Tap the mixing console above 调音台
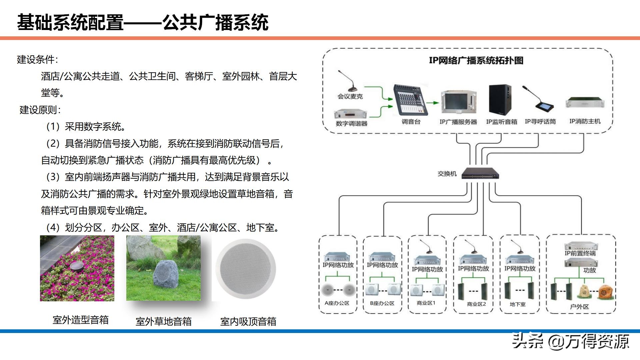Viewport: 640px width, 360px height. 410,100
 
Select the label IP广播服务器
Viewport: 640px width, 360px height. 458,122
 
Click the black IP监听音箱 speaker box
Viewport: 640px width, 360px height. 500,100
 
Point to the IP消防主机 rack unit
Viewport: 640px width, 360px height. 585,103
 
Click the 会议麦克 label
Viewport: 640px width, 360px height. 350,96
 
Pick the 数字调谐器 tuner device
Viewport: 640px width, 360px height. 351,114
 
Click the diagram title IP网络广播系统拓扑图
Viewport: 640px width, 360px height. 476,60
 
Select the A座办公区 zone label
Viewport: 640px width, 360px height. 337,303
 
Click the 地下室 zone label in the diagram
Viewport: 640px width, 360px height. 518,304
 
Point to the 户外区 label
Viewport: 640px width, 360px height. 579,306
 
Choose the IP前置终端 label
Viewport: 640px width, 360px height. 580,253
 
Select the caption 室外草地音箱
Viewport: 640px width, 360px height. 164,321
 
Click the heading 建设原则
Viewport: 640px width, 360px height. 40,110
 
